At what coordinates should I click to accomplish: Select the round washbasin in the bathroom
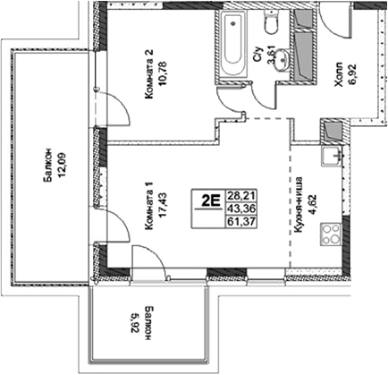[282, 61]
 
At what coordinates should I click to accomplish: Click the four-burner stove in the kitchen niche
[331, 234]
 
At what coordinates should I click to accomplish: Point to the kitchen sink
[332, 157]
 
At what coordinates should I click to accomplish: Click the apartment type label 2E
[210, 200]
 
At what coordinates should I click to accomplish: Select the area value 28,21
[241, 196]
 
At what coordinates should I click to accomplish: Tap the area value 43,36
[241, 209]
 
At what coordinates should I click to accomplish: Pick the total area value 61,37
[241, 222]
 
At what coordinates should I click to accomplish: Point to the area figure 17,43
[164, 206]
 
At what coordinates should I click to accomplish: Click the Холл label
[339, 75]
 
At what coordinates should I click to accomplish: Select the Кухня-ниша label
[299, 204]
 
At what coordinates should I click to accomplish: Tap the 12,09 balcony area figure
[63, 165]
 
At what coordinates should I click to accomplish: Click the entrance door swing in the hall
[333, 21]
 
